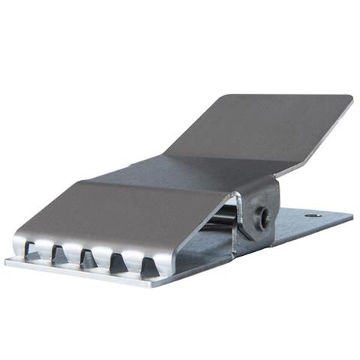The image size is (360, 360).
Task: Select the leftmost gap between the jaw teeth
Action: coord(31,249)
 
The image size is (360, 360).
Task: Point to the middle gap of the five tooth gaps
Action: coord(88,258)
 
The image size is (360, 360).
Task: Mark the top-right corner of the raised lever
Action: coord(349,97)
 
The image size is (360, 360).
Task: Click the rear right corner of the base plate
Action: coord(351,216)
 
